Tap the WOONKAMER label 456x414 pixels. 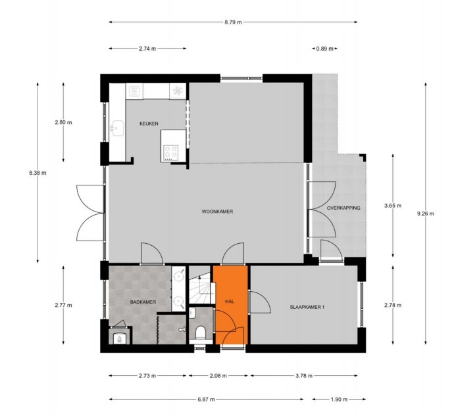point(218,211)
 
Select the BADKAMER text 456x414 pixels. point(143,302)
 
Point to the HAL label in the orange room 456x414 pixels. point(230,302)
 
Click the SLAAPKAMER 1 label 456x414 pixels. point(309,307)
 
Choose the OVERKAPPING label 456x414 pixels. point(343,208)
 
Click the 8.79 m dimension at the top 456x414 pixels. point(233,22)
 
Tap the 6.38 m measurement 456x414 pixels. point(38,172)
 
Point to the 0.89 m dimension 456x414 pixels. point(324,49)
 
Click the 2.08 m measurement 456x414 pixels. point(218,377)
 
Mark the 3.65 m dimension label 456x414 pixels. point(393,205)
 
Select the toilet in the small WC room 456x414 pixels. point(201,331)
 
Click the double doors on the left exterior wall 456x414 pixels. point(89,213)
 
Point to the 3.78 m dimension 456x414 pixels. point(303,377)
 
